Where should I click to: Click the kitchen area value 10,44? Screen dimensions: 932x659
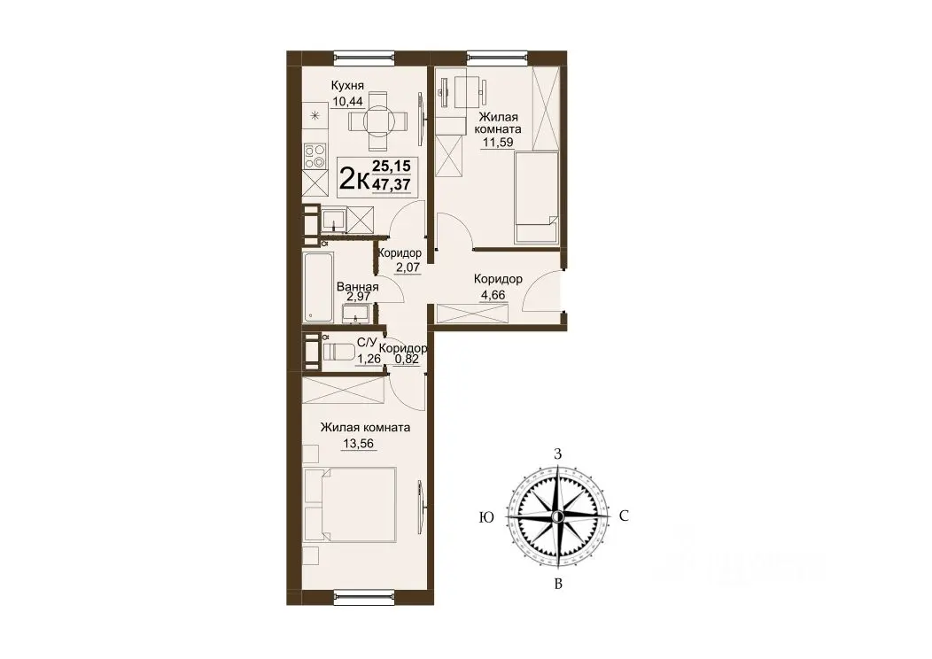tap(347, 101)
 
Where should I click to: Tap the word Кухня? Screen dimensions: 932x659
tap(347, 86)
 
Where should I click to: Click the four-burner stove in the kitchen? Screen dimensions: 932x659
tap(315, 156)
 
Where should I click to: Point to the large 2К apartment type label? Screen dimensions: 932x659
tap(353, 178)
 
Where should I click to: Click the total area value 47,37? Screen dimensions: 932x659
tap(391, 184)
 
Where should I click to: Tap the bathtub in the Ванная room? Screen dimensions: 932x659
tap(317, 288)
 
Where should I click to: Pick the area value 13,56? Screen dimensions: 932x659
tap(359, 443)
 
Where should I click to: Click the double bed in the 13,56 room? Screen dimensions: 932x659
tap(349, 505)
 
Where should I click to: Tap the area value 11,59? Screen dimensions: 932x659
tap(498, 143)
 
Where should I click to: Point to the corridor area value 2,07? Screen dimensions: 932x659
tap(408, 267)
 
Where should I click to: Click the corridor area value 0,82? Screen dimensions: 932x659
tap(408, 359)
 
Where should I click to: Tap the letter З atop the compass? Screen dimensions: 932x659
tap(557, 455)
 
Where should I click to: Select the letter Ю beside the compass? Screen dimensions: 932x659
tap(486, 517)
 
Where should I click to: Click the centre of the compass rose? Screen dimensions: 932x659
tap(557, 517)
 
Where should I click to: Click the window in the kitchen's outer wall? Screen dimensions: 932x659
tap(364, 57)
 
